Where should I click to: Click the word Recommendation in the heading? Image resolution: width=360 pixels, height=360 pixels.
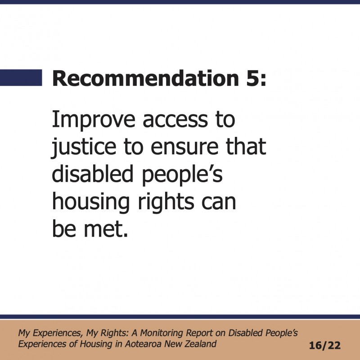tap(146, 78)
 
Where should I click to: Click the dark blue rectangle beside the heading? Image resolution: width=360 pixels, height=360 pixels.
tap(21, 77)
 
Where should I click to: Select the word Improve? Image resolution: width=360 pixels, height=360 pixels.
tap(94, 120)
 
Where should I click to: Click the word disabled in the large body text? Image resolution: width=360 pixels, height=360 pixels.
tap(93, 173)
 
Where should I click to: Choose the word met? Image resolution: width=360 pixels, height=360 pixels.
tap(106, 229)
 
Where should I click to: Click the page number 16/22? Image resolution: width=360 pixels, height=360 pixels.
tap(324, 345)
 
